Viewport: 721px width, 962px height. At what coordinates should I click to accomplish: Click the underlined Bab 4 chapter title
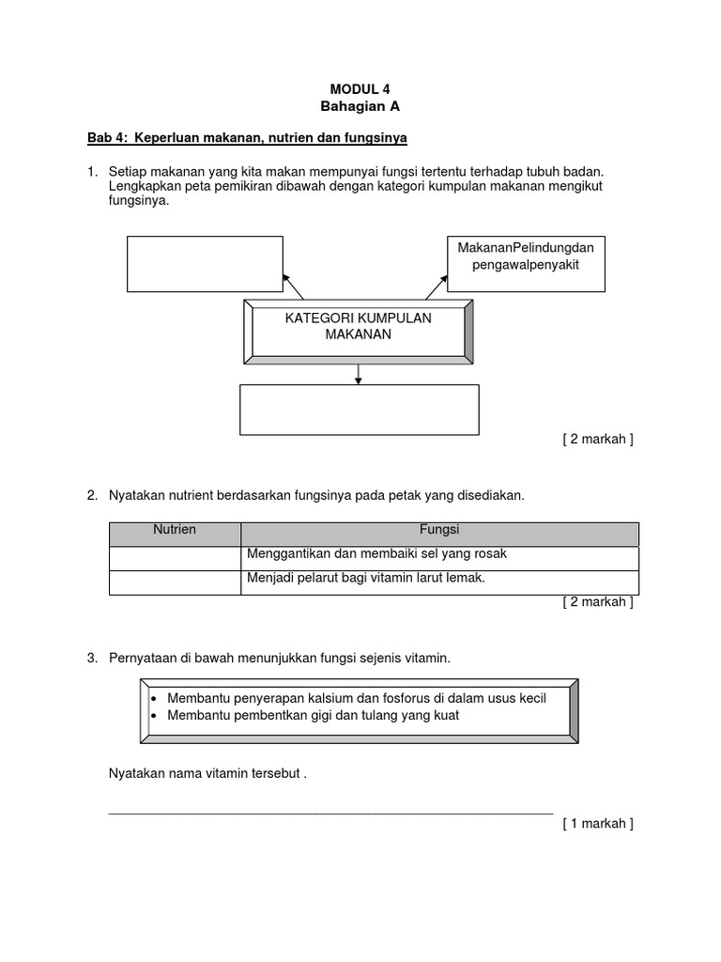pyautogui.click(x=247, y=138)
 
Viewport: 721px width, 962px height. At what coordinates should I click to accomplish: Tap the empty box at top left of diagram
pyautogui.click(x=205, y=264)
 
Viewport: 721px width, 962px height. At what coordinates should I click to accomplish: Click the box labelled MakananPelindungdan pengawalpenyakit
pyautogui.click(x=526, y=264)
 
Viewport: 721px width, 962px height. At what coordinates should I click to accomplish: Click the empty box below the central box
pyautogui.click(x=359, y=410)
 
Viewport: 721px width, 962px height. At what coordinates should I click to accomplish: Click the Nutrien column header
pyautogui.click(x=175, y=531)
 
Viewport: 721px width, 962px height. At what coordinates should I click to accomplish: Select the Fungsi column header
pyautogui.click(x=439, y=531)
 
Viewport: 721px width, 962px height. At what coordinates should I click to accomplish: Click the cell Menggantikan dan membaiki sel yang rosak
pyautogui.click(x=439, y=555)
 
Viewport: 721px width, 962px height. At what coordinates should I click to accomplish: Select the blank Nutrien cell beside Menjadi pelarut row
pyautogui.click(x=175, y=582)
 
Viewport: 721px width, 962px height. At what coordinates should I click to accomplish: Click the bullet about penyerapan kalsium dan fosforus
pyautogui.click(x=356, y=699)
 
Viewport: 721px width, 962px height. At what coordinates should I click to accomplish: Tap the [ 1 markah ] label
pyautogui.click(x=598, y=824)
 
